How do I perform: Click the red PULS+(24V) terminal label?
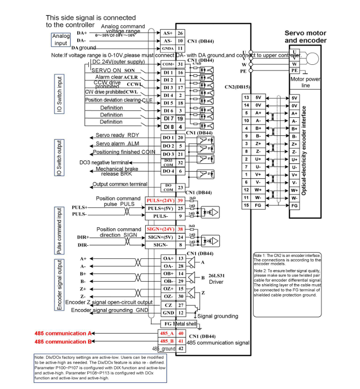[x=159, y=200]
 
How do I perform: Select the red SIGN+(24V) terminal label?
[x=159, y=228]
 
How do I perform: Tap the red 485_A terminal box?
[x=166, y=333]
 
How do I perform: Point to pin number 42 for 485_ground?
[x=181, y=349]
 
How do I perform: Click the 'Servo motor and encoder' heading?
[x=306, y=36]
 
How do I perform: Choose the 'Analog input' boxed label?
[x=61, y=39]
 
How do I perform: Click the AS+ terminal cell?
[x=168, y=32]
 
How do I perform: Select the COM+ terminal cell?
[x=168, y=64]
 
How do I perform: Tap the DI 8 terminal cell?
[x=168, y=127]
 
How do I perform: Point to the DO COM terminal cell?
[x=168, y=187]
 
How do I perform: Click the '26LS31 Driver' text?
[x=216, y=279]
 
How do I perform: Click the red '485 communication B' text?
[x=63, y=342]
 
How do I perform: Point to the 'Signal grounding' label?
[x=218, y=316]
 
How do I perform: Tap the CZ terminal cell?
[x=168, y=305]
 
